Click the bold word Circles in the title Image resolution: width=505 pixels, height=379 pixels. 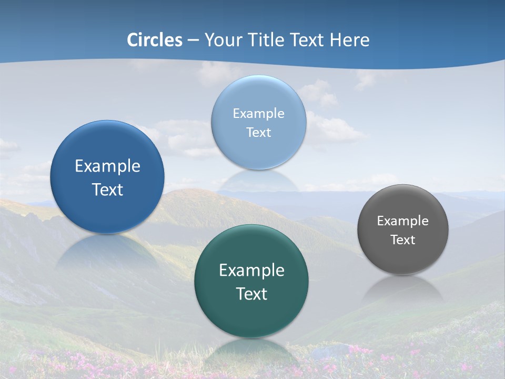(155, 40)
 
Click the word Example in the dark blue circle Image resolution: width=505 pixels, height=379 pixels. (107, 166)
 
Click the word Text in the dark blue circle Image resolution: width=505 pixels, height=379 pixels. (107, 189)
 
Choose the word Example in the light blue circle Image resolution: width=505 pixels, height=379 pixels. (258, 114)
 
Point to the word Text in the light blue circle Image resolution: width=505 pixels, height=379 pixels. (258, 132)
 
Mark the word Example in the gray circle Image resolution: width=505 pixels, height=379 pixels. (403, 221)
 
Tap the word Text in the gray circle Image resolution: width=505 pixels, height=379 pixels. (403, 240)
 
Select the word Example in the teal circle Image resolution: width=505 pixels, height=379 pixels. (251, 271)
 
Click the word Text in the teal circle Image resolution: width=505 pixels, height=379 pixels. (251, 294)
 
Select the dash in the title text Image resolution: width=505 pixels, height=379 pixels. (193, 41)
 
